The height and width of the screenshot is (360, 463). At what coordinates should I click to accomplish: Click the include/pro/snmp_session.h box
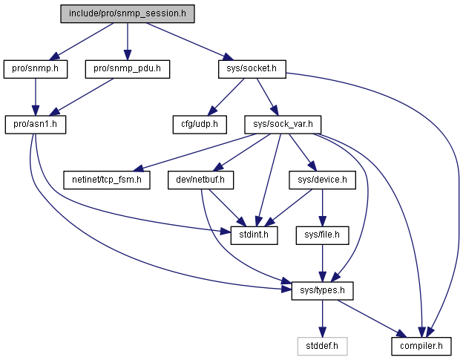[x=128, y=13]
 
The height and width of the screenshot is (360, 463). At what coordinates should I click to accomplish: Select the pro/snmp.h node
[x=36, y=69]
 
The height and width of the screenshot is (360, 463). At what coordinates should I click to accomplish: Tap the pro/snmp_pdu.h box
[x=128, y=69]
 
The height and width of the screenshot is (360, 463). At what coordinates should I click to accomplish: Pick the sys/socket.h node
[x=252, y=69]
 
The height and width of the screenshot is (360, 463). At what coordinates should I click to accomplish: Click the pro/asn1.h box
[x=36, y=125]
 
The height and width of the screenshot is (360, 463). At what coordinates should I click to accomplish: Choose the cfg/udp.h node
[x=200, y=125]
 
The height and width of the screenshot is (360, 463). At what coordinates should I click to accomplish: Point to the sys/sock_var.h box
[x=283, y=125]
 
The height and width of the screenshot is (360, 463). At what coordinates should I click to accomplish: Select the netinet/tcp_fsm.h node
[x=107, y=180]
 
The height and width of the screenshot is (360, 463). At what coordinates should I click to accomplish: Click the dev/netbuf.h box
[x=200, y=180]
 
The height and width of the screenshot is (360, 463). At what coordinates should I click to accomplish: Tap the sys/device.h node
[x=322, y=180]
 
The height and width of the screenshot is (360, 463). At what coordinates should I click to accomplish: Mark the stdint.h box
[x=254, y=235]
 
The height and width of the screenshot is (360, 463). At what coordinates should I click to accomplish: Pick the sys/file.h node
[x=322, y=235]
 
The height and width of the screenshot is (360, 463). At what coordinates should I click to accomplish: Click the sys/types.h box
[x=322, y=291]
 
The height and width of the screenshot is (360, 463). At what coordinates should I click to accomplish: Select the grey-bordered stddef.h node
[x=322, y=346]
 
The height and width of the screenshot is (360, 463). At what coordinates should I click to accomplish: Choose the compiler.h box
[x=421, y=346]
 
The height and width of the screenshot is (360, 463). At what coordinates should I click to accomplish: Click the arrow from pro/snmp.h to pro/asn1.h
[x=36, y=97]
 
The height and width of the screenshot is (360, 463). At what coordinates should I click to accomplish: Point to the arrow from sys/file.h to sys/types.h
[x=323, y=263]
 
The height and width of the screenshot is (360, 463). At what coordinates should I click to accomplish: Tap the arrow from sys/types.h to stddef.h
[x=323, y=318]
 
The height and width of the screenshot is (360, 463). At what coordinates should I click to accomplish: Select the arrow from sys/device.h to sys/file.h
[x=323, y=208]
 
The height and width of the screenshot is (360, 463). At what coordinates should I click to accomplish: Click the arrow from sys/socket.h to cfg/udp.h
[x=226, y=97]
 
